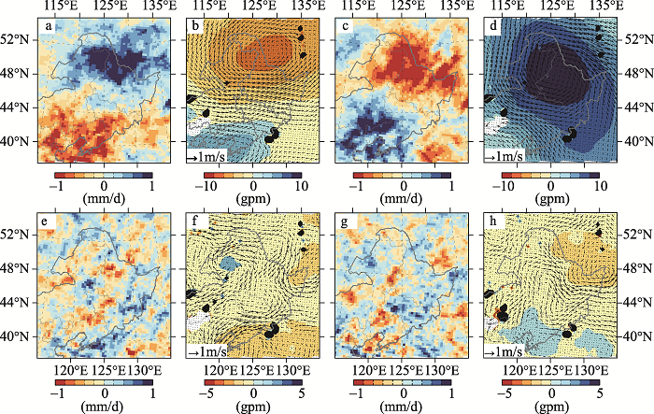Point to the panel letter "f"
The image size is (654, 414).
pos(194,223)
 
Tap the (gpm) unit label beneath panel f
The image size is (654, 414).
pos(253,394)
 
